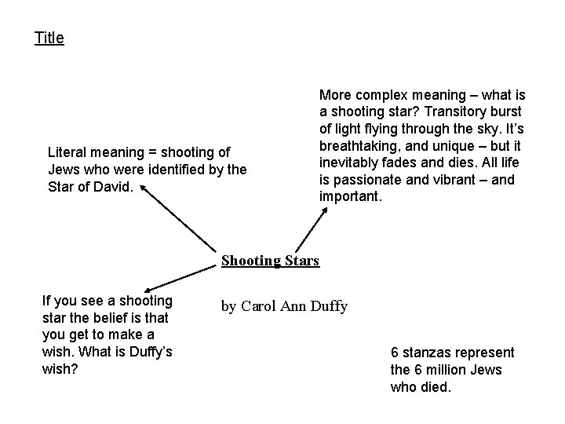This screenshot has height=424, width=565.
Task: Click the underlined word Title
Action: coord(49,38)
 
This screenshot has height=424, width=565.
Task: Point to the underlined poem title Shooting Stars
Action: coord(270,260)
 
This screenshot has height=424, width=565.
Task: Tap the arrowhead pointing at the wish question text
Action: coord(145,290)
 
